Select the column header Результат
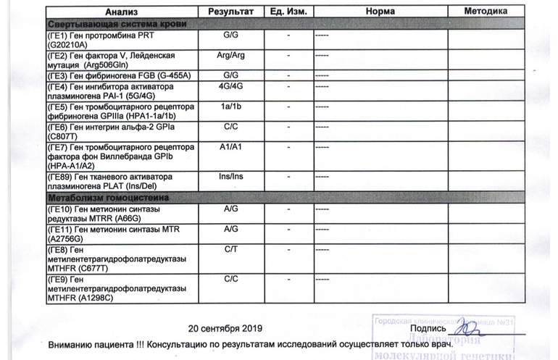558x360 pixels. click(x=230, y=12)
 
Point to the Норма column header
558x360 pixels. click(x=380, y=12)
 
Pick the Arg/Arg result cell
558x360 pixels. click(x=230, y=54)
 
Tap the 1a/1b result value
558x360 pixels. click(x=230, y=106)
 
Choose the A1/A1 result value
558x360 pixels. click(x=230, y=146)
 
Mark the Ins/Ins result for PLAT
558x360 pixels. click(x=230, y=176)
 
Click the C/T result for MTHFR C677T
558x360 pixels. click(x=230, y=248)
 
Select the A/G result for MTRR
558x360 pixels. click(x=230, y=209)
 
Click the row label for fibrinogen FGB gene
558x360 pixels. click(x=109, y=75)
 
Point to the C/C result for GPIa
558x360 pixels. click(x=230, y=126)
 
